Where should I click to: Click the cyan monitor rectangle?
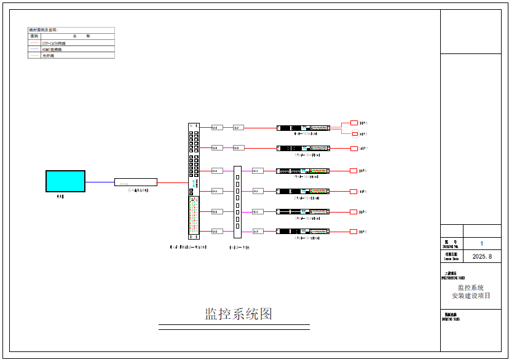tap(65, 181)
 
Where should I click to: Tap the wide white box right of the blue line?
tap(135, 182)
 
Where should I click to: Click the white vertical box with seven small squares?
tap(237, 202)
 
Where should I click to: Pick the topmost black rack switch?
tap(303, 128)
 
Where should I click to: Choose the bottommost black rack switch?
tap(303, 231)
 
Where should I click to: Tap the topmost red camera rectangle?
tap(353, 122)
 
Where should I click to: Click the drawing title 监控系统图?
tap(238, 314)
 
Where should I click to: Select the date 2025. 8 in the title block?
tap(482, 256)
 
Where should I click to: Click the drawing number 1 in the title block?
tap(481, 244)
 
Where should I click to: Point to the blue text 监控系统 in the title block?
tap(470, 288)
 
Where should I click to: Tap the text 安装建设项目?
tap(471, 295)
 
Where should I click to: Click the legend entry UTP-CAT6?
tap(53, 43)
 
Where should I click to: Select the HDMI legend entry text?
tap(52, 49)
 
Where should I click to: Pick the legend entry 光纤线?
tap(48, 55)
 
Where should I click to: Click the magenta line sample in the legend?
tap(34, 55)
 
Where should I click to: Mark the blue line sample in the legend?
tap(34, 49)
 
